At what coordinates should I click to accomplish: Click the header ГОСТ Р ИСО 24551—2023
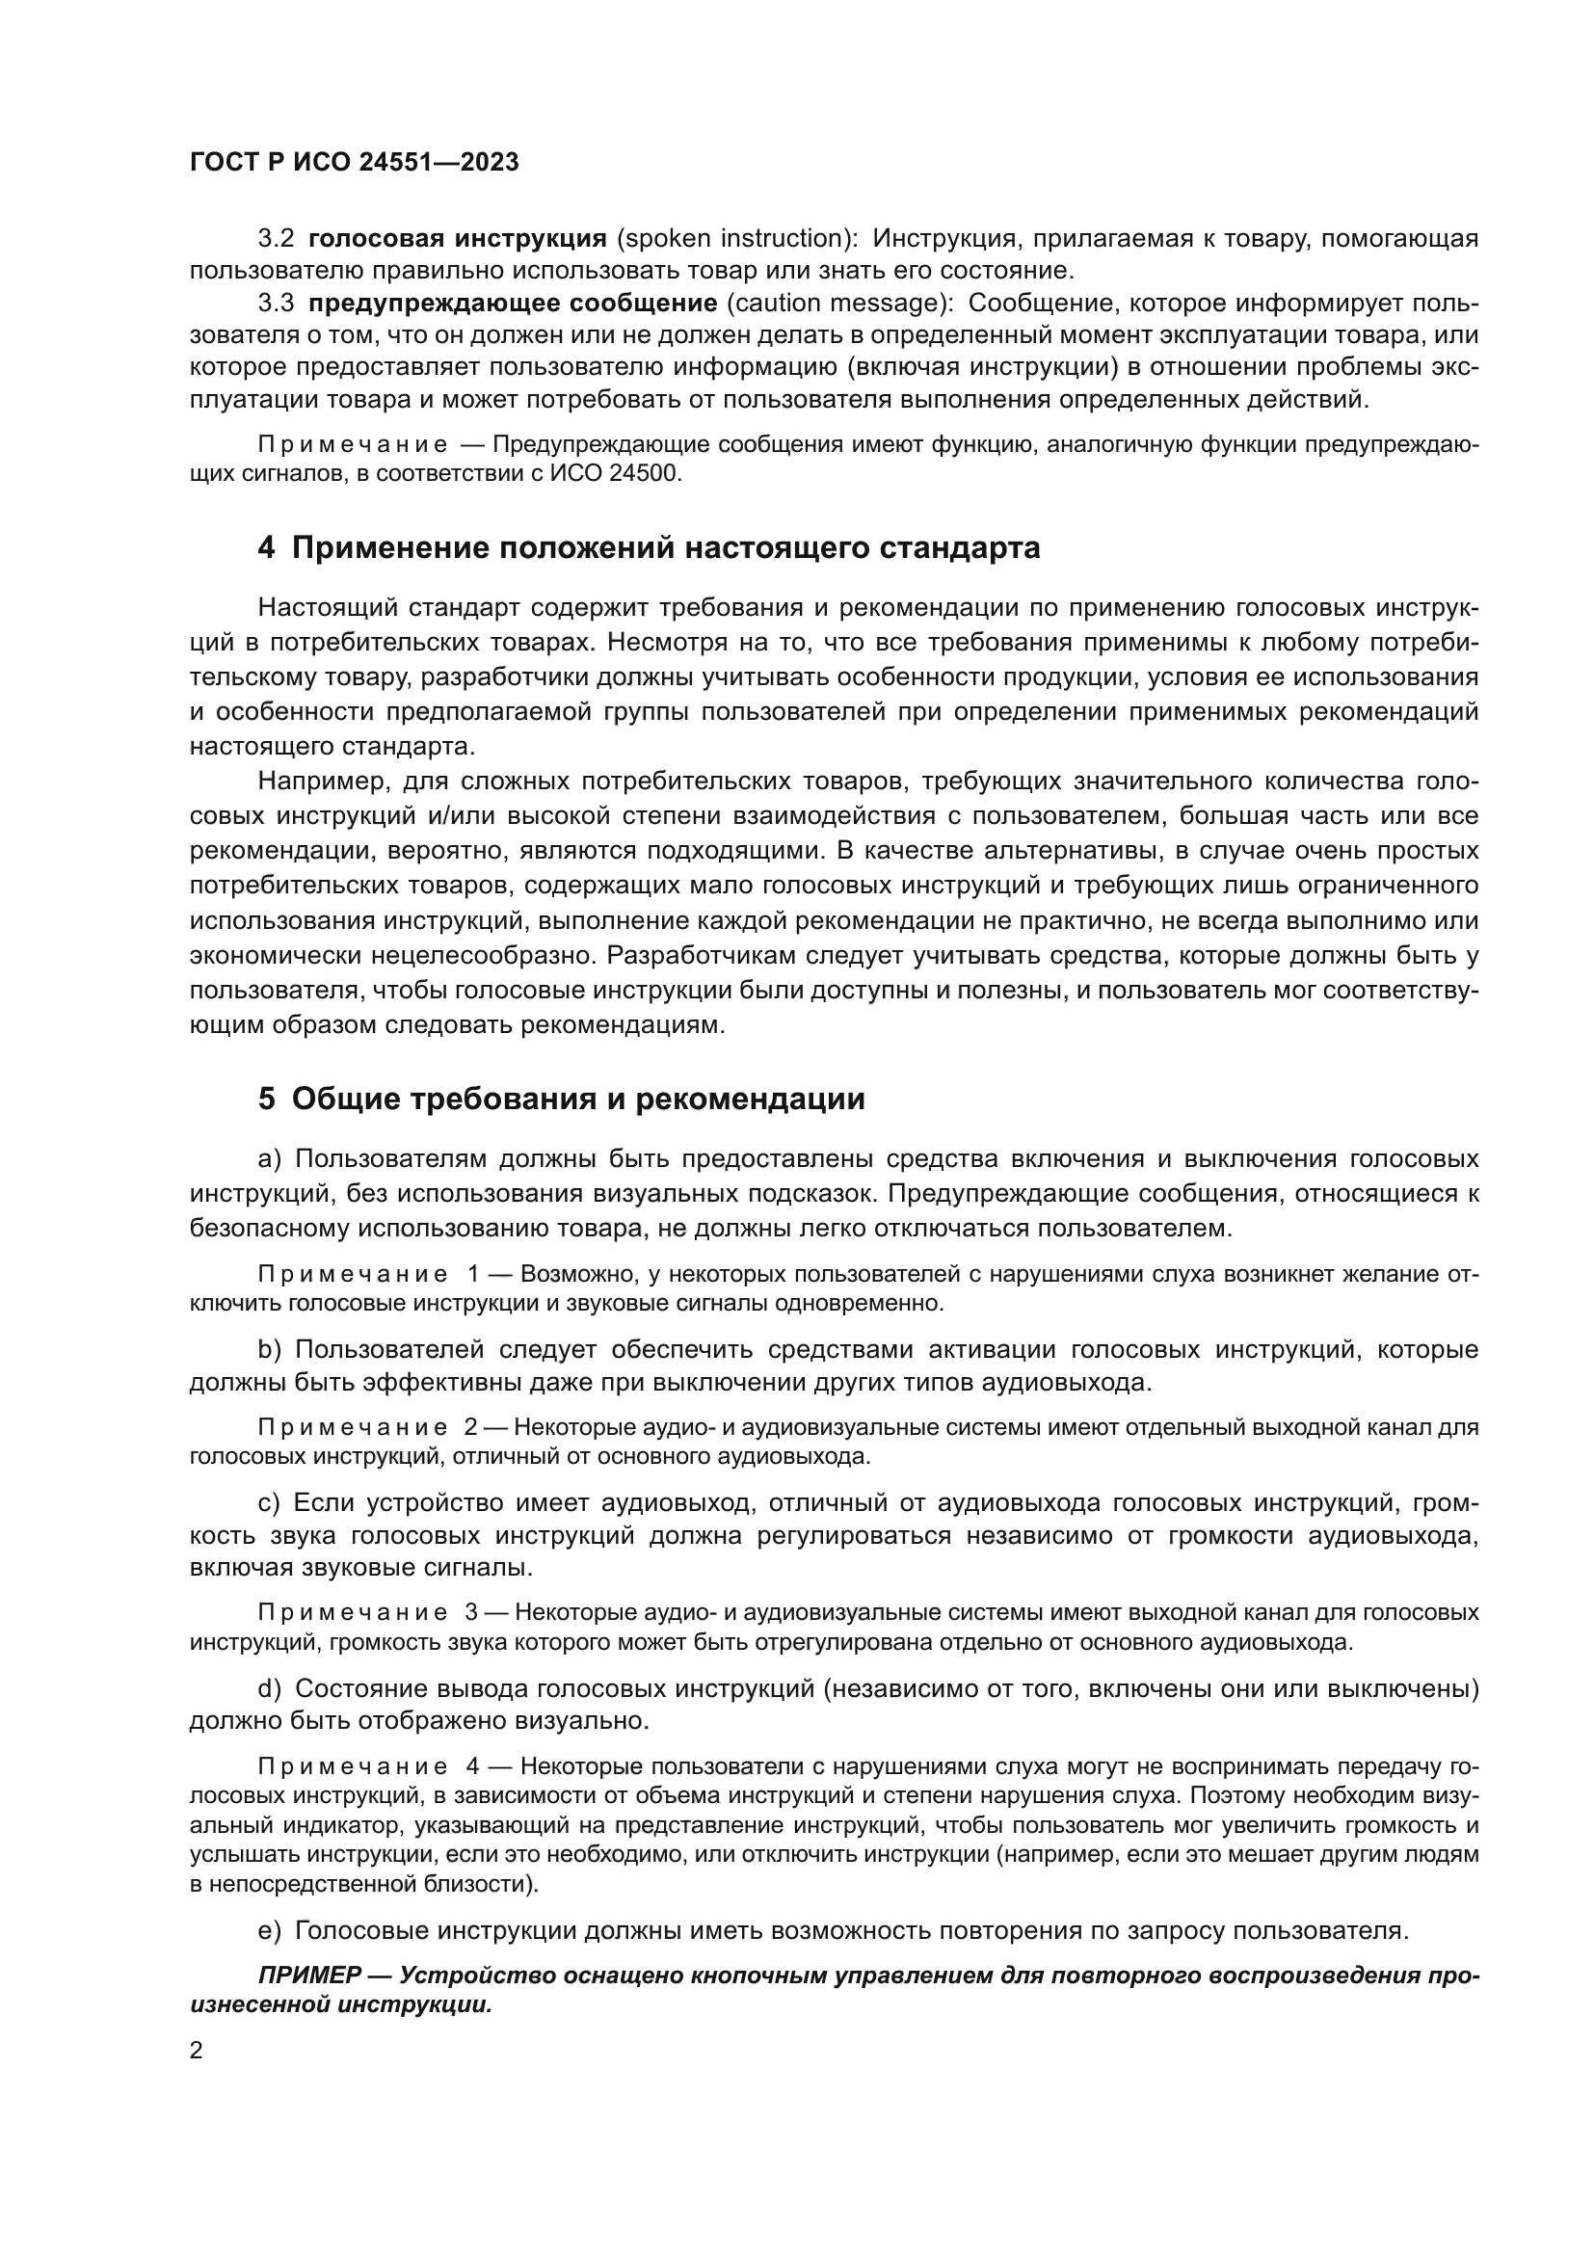(355, 163)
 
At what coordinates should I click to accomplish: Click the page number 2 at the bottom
(197, 2050)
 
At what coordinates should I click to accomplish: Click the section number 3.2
(276, 239)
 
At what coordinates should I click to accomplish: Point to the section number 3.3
(276, 304)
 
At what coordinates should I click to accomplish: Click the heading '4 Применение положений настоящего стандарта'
(649, 546)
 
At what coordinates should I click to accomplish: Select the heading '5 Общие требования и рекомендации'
(562, 1099)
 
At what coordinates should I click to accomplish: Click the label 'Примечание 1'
(368, 1274)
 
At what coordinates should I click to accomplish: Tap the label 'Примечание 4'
(368, 1766)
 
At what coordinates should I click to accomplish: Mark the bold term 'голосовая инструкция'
(458, 239)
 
